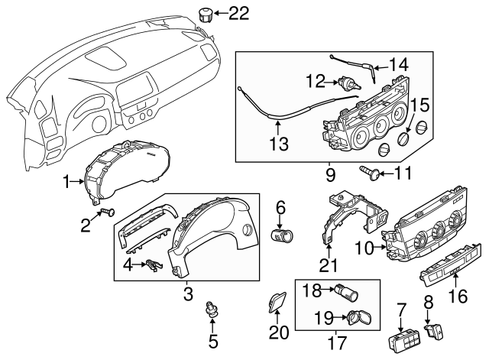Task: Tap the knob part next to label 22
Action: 206,13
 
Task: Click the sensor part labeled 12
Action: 350,83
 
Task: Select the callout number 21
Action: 329,265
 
